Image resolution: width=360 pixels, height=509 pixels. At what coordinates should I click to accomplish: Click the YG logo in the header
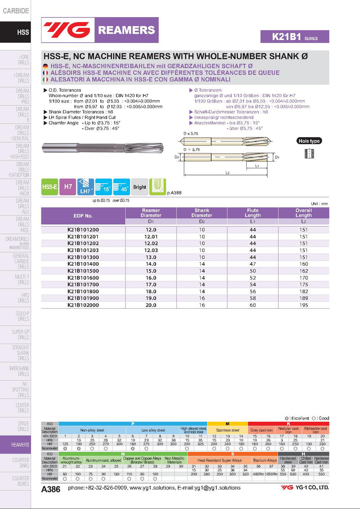pos(67,30)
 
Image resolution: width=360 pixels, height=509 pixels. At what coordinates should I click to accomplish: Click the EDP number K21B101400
pos(83,264)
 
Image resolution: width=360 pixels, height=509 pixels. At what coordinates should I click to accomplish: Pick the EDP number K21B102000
pos(83,305)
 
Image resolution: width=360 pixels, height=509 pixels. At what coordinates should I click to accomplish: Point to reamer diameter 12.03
pos(151,250)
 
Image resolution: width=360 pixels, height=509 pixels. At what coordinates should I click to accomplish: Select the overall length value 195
pos(303,305)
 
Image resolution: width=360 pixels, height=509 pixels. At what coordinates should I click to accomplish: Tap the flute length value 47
pos(252,264)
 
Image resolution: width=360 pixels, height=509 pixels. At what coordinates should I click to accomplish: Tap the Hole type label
pos(309,141)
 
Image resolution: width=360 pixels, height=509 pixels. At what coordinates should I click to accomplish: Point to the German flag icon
pos(45,66)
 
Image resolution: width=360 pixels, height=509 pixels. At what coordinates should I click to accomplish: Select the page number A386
pos(50,490)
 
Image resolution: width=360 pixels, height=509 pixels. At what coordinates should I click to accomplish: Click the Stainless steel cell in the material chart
pos(228,430)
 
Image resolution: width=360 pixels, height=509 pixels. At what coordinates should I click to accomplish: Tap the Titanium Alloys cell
pos(265,460)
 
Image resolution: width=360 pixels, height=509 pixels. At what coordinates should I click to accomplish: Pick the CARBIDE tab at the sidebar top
pos(16,11)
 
